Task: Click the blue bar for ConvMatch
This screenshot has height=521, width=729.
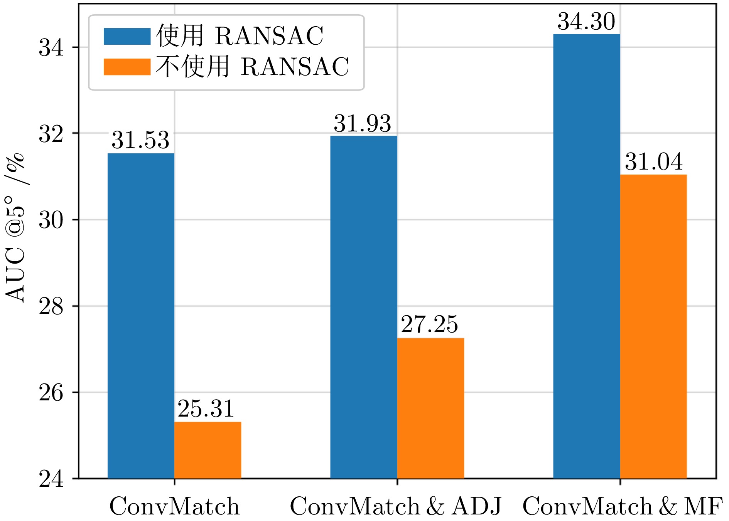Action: pyautogui.click(x=141, y=316)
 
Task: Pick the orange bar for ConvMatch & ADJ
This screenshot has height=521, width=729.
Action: pyautogui.click(x=430, y=408)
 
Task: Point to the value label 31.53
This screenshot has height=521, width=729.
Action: pyautogui.click(x=140, y=140)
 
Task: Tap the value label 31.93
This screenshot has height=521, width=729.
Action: pyautogui.click(x=362, y=124)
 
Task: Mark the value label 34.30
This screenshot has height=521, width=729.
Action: pyautogui.click(x=586, y=22)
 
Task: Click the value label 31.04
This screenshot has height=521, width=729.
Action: pyautogui.click(x=654, y=161)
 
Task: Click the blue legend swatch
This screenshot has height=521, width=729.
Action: pyautogui.click(x=127, y=37)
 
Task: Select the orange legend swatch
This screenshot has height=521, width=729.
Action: pyautogui.click(x=127, y=67)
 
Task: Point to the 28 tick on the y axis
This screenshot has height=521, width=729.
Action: pyautogui.click(x=51, y=306)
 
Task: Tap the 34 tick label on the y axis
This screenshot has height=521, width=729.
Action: pyautogui.click(x=51, y=48)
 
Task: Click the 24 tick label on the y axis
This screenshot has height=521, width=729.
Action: pyautogui.click(x=51, y=479)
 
